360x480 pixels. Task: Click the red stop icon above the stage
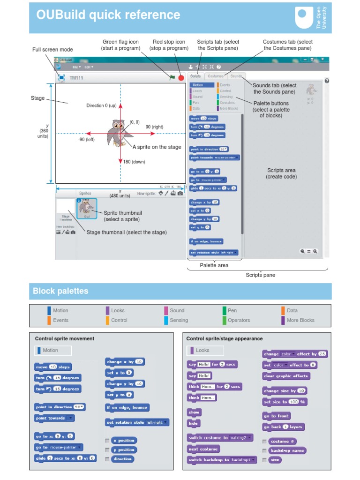point(181,78)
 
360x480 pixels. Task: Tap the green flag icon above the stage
point(172,78)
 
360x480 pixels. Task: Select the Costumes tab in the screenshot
point(216,76)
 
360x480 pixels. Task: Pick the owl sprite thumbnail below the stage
point(87,208)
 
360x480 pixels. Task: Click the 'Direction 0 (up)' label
point(101,105)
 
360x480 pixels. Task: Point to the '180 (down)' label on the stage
point(134,162)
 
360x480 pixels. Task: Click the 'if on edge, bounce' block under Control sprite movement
point(127,408)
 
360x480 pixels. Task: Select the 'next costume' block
point(203,449)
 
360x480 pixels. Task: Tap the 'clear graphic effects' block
point(286,376)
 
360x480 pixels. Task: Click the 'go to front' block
point(277,416)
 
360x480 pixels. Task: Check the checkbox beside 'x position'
point(108,441)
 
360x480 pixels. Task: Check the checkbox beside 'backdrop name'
point(265,450)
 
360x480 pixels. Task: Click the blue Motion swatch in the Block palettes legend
point(49,310)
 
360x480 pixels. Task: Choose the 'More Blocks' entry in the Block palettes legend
point(300,320)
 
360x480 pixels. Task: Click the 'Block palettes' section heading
point(54,291)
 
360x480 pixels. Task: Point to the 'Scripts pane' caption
point(260,275)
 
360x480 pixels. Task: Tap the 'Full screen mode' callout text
point(52,50)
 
